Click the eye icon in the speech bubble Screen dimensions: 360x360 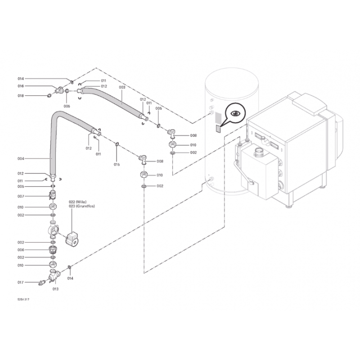click(x=235, y=113)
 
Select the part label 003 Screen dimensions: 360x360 click(x=122, y=87)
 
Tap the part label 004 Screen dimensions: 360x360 click(x=21, y=159)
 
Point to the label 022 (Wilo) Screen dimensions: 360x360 click(x=77, y=202)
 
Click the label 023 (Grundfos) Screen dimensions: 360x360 click(x=81, y=206)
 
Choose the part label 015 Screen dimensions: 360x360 click(x=117, y=164)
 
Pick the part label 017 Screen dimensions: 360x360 click(x=21, y=283)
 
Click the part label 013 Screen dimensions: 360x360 click(x=55, y=289)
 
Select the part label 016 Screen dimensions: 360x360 click(x=21, y=86)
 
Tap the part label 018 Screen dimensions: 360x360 click(x=21, y=96)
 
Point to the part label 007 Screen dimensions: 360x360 click(x=21, y=196)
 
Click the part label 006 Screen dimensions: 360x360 click(x=21, y=250)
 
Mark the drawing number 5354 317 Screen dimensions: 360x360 click(x=23, y=299)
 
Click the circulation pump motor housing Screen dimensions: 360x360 click(x=72, y=239)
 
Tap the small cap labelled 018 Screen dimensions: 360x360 click(x=49, y=95)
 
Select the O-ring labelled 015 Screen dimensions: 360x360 click(x=117, y=144)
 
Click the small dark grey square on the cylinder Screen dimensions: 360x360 click(x=218, y=129)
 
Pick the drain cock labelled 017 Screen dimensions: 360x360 click(x=41, y=283)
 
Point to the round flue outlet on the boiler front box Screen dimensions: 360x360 click(x=259, y=151)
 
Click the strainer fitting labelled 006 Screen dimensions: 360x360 click(x=53, y=250)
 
